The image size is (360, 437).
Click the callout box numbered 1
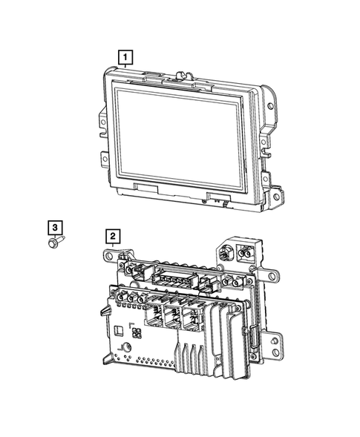coord(125,57)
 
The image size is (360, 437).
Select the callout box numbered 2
coord(113,237)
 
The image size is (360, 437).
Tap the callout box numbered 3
coord(55,228)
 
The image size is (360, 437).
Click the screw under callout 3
coord(56,241)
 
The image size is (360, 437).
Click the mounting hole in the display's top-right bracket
coord(270,106)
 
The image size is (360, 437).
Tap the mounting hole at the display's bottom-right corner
coord(276,197)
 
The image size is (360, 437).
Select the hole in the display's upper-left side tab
coord(103,122)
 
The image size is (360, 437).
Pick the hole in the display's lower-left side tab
coord(105,159)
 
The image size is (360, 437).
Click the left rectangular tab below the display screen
coord(145,188)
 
